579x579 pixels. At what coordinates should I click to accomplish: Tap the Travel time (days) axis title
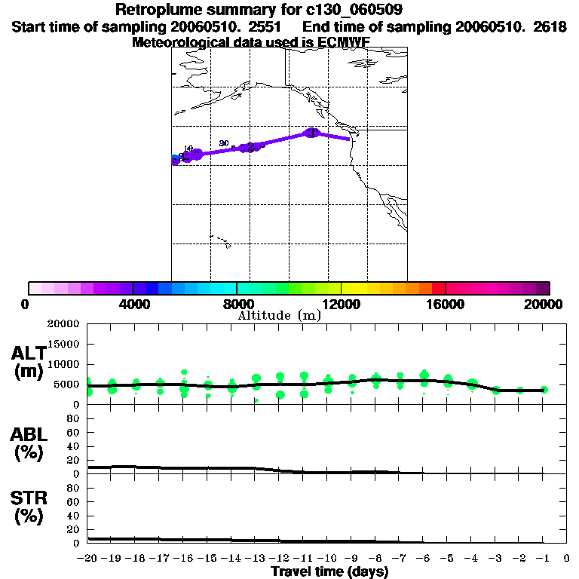(329, 572)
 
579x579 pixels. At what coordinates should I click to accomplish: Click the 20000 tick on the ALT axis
(63, 324)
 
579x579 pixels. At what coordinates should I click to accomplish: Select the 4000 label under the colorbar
(132, 304)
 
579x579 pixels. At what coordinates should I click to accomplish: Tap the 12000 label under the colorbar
(341, 304)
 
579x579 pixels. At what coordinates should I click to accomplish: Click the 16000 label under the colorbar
(446, 304)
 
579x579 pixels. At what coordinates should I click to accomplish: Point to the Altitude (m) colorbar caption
(280, 316)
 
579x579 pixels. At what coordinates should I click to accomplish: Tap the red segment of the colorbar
(437, 288)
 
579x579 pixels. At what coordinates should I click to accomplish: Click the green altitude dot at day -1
(544, 390)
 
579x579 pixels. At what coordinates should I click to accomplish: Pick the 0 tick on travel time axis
(567, 559)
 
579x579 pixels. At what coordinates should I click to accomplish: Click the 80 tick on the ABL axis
(74, 419)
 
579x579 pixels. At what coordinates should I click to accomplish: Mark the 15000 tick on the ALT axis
(63, 344)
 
